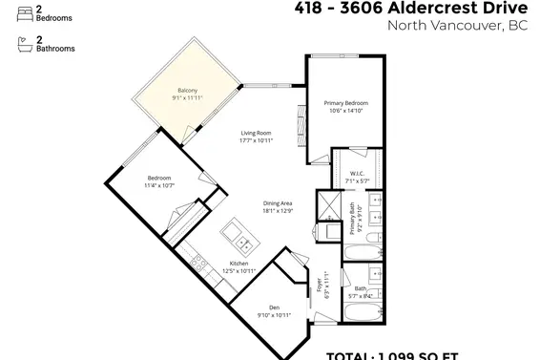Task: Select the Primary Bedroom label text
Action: point(345,102)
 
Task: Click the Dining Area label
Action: point(277,203)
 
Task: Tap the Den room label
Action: point(274,307)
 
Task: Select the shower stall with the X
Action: point(329,203)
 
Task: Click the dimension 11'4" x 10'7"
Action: point(159,185)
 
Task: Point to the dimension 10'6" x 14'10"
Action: point(345,110)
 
